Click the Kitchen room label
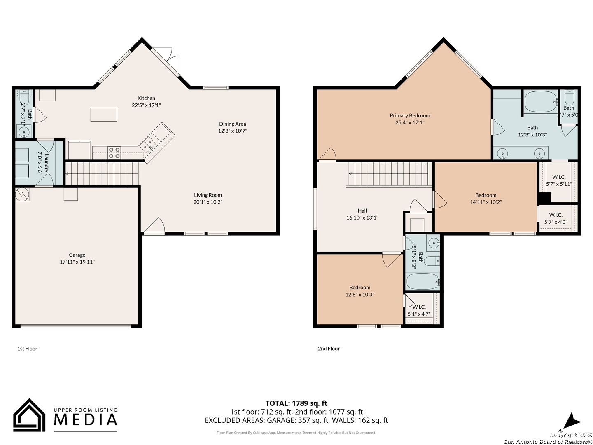[x=146, y=98]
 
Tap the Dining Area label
[x=232, y=124]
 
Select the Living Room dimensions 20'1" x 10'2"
[x=208, y=202]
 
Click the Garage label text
[x=77, y=255]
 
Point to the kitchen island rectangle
[x=104, y=115]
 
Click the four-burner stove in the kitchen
[x=114, y=153]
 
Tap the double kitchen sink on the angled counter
[x=147, y=143]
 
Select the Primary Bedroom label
[x=410, y=116]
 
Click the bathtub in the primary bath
[x=540, y=102]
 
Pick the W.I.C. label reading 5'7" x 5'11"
[x=559, y=180]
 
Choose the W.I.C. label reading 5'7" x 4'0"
[x=556, y=218]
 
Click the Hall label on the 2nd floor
[x=362, y=211]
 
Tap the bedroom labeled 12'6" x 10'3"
[x=360, y=291]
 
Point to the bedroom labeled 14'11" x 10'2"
[x=486, y=199]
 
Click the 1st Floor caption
[x=27, y=349]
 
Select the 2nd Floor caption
[x=329, y=349]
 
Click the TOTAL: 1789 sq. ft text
[x=296, y=403]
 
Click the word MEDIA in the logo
[x=86, y=419]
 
